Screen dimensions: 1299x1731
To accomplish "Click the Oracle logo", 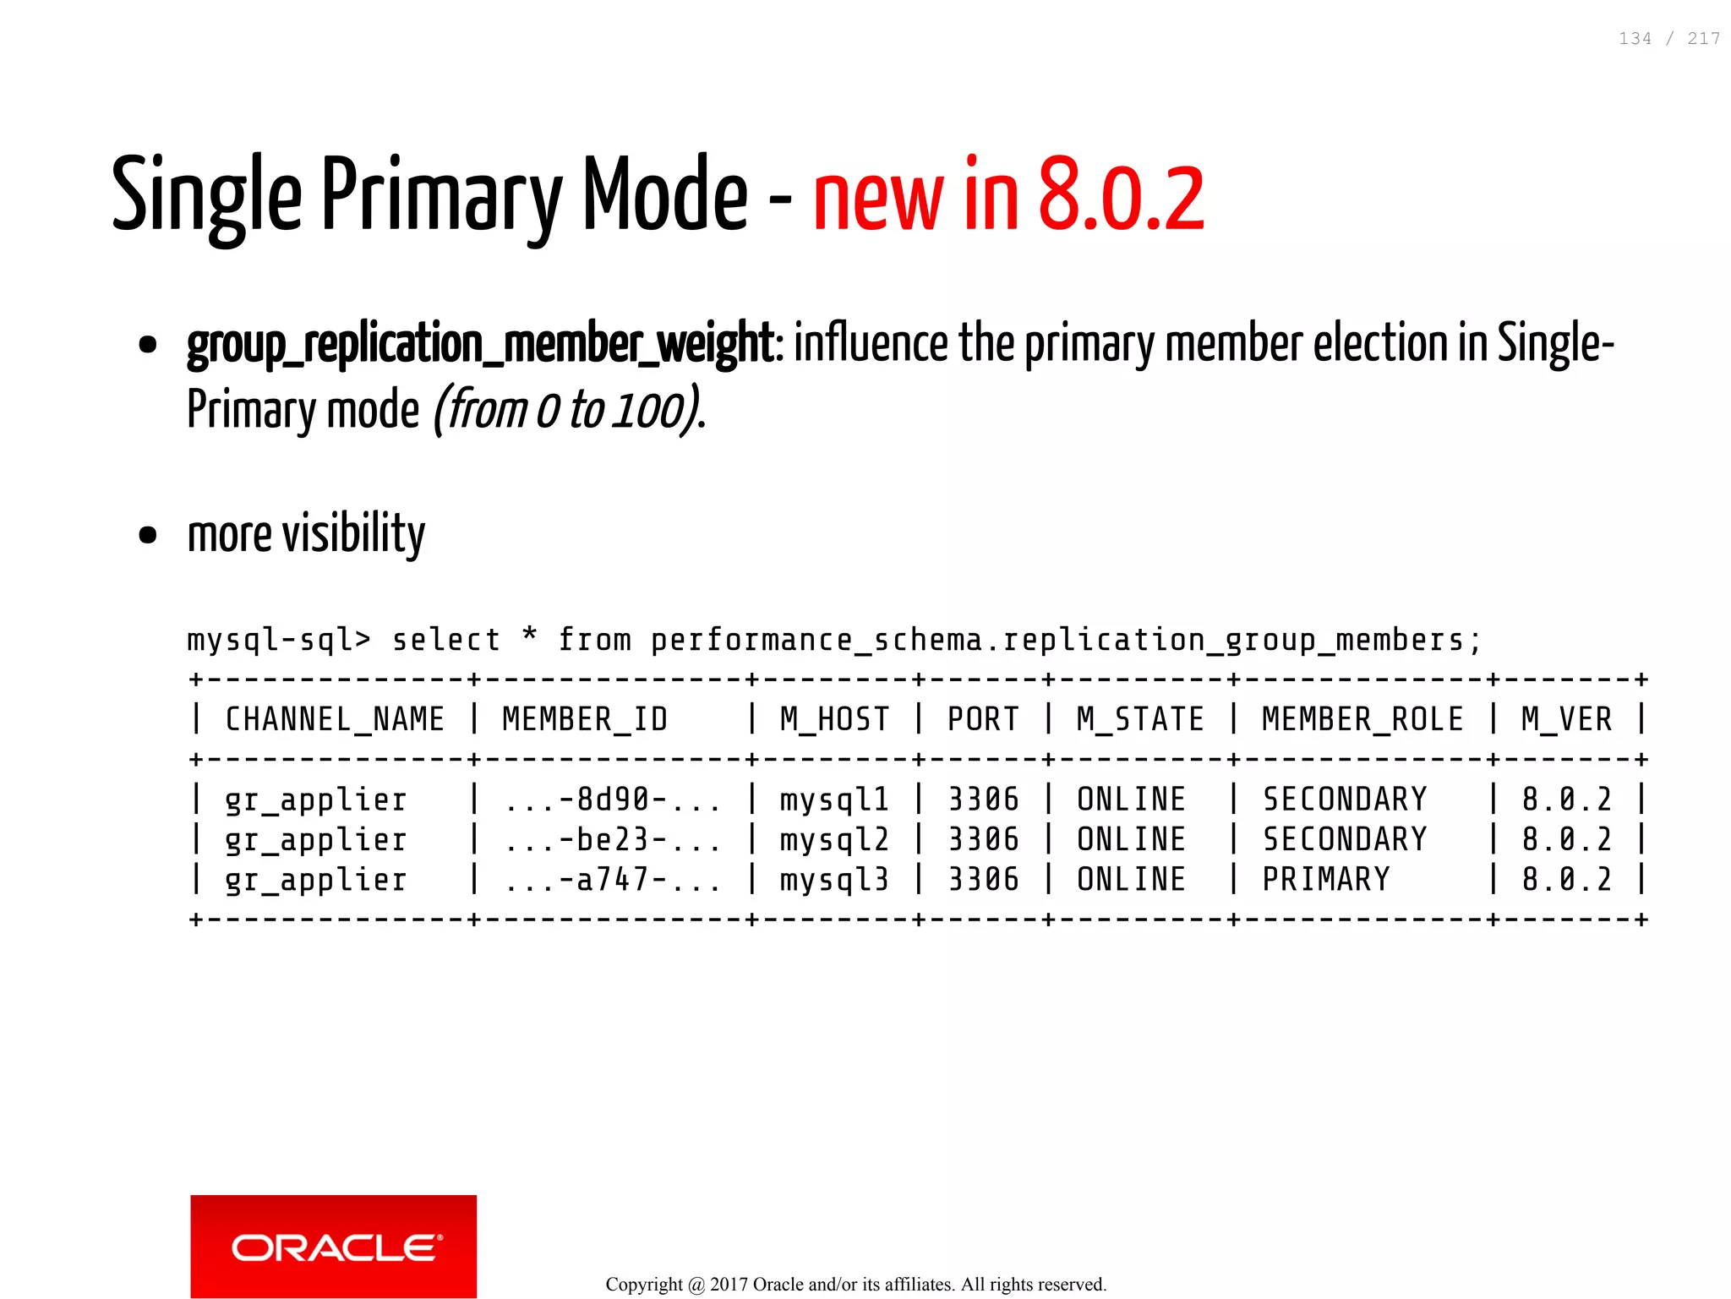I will click(x=333, y=1246).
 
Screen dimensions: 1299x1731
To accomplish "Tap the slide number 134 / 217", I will click(x=1668, y=39).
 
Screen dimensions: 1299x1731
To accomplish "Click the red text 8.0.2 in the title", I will click(x=1121, y=197).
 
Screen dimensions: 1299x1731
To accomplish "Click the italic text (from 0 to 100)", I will click(x=568, y=411).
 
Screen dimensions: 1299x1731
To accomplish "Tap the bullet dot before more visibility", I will click(x=148, y=535).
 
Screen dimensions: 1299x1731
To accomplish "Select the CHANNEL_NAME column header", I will click(x=335, y=719).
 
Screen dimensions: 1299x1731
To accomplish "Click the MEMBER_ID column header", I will click(x=585, y=719).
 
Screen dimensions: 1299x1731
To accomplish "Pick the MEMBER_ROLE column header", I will click(x=1362, y=719).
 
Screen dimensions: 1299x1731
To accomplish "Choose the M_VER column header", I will click(x=1566, y=719).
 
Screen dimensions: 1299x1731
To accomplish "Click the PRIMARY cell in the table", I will click(x=1325, y=879).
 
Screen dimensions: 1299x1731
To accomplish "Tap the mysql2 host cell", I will click(x=833, y=839).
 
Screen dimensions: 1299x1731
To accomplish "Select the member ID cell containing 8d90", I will click(x=613, y=800).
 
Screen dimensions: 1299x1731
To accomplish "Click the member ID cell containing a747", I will click(x=613, y=880).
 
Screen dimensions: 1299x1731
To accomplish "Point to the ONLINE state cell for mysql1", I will click(x=1131, y=800).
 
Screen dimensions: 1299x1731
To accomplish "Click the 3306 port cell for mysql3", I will click(x=983, y=880).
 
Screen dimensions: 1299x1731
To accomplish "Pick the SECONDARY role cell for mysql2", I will click(x=1344, y=839).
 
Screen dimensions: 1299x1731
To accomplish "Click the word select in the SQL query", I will click(x=446, y=640).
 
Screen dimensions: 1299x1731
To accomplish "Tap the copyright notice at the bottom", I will click(x=855, y=1285).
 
